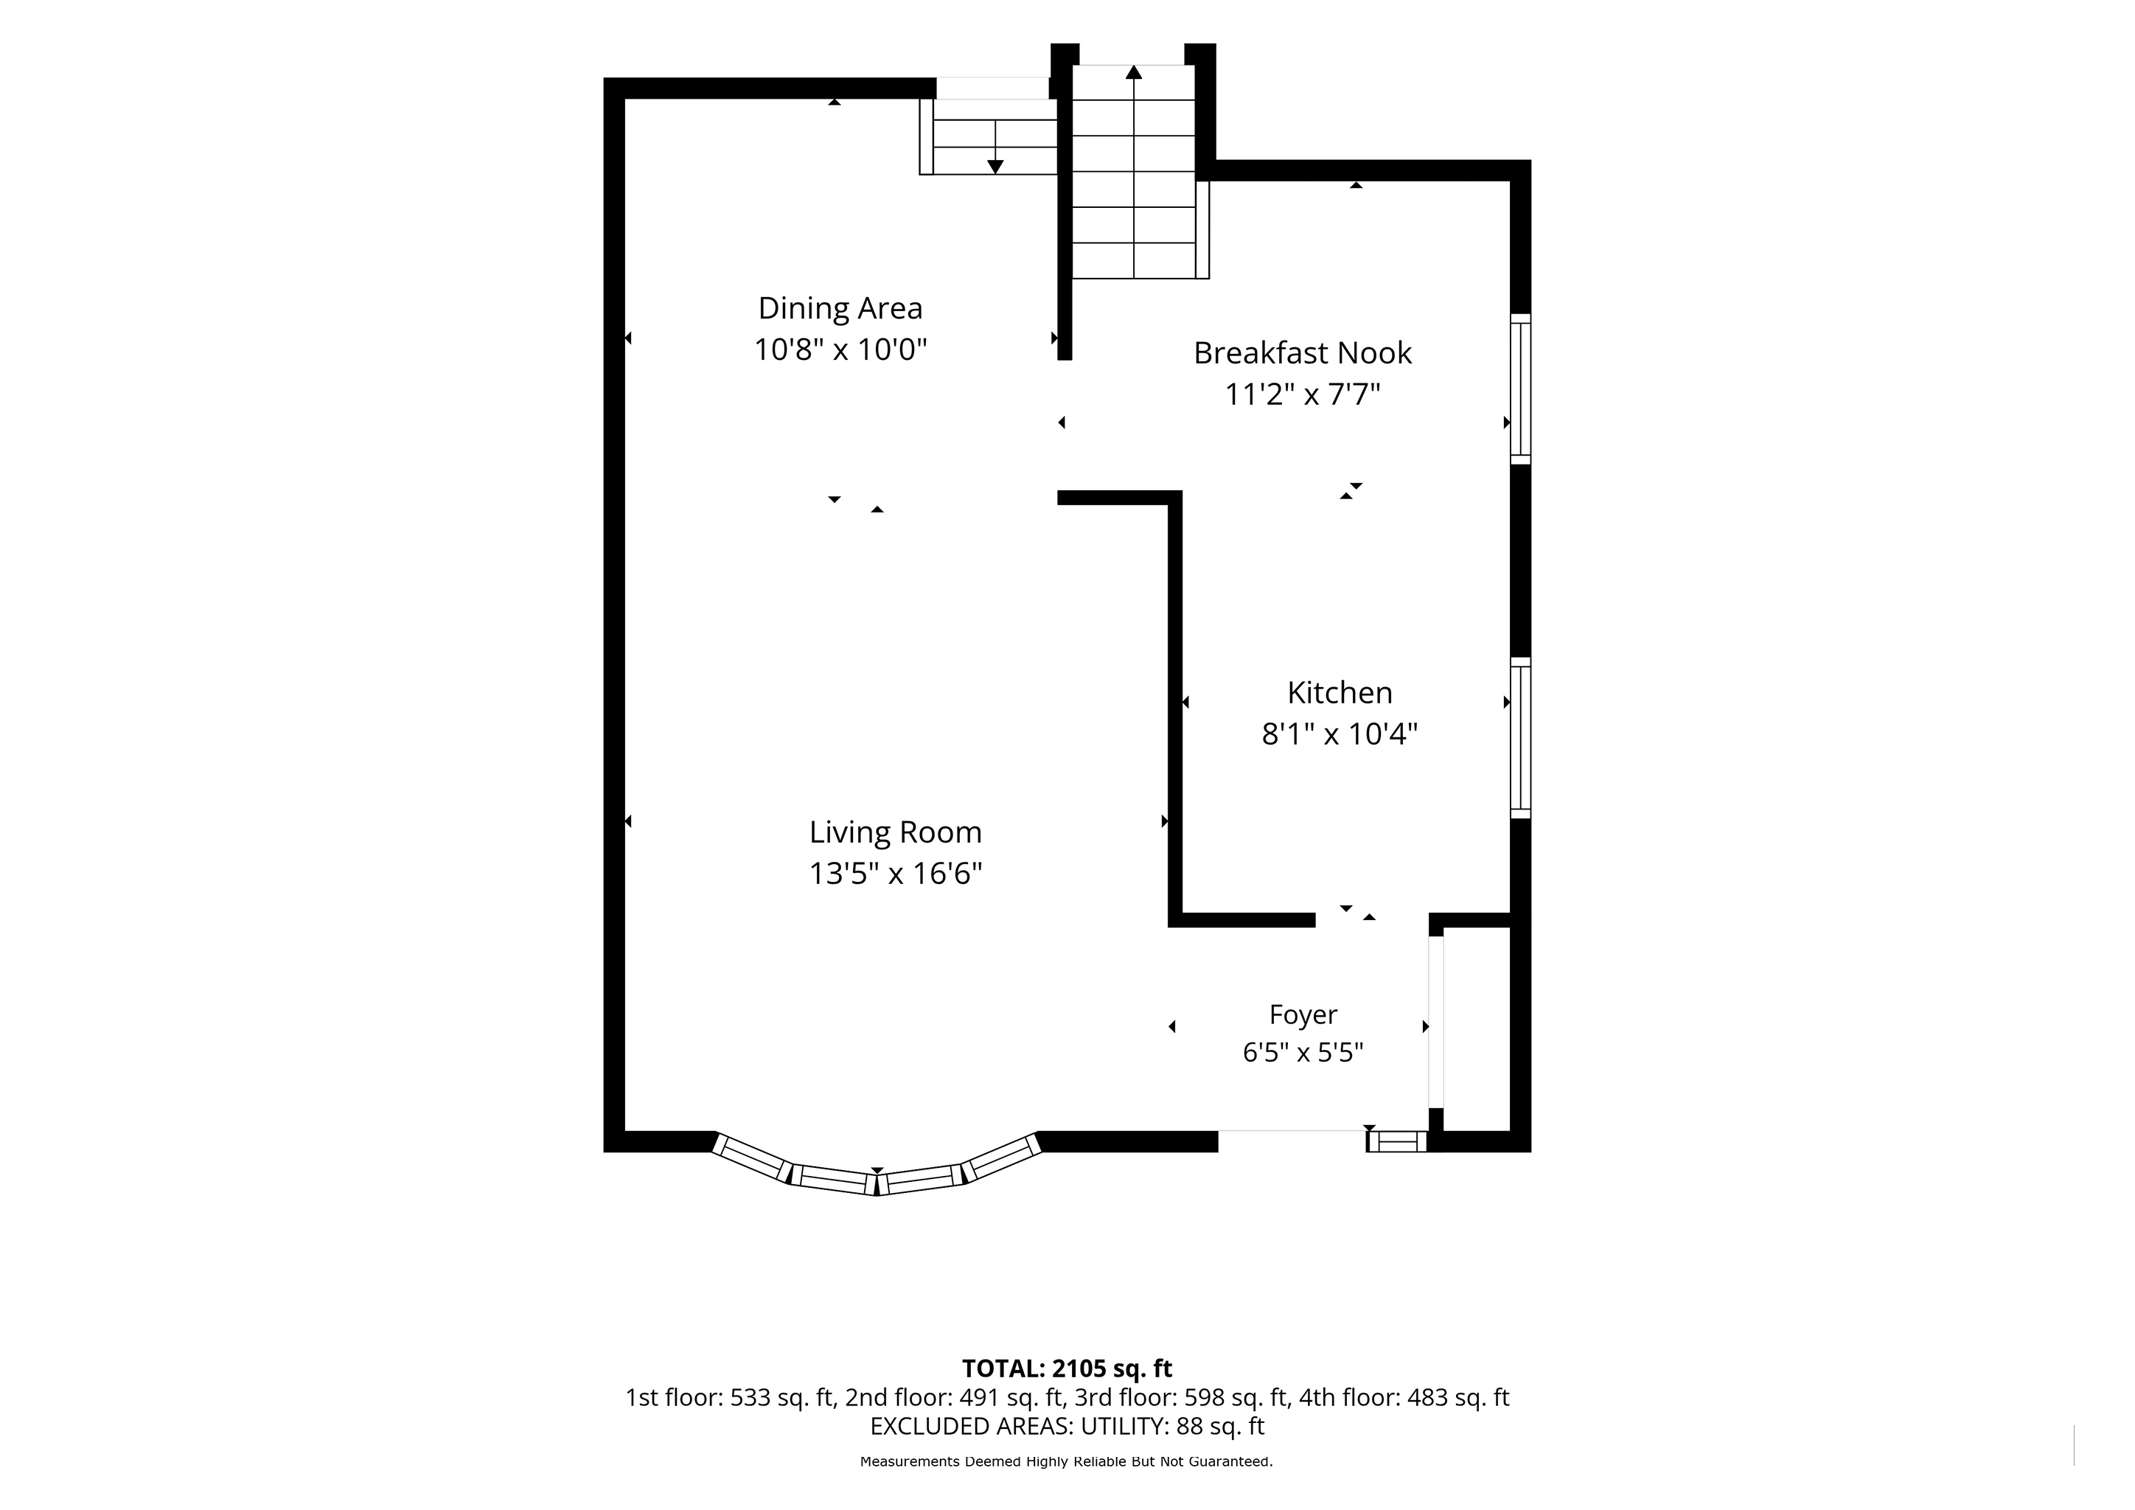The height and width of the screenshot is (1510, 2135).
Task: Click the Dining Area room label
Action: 840,307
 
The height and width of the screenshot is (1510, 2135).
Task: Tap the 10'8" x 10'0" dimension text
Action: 840,349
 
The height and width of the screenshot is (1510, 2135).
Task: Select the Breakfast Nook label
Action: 1303,352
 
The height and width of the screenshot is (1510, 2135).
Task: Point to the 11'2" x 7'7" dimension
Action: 1303,394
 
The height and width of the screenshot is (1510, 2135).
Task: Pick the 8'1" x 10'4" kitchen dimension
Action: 1339,734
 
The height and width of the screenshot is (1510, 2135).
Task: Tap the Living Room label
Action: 896,833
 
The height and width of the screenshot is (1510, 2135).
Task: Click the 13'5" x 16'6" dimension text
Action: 896,874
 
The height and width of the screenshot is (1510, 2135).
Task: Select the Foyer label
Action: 1303,1015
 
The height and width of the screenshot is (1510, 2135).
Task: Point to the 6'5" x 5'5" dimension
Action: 1303,1053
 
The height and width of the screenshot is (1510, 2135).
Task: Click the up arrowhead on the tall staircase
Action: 1134,72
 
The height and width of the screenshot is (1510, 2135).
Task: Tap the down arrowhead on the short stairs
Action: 995,167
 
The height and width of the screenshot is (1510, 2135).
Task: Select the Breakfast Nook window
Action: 1519,389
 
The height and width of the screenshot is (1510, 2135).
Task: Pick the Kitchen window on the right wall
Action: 1519,737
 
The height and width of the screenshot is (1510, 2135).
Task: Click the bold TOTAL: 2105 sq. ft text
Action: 1067,1368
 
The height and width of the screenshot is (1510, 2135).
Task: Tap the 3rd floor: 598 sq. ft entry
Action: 1181,1397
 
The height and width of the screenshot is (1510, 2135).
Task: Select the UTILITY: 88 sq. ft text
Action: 1173,1427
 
